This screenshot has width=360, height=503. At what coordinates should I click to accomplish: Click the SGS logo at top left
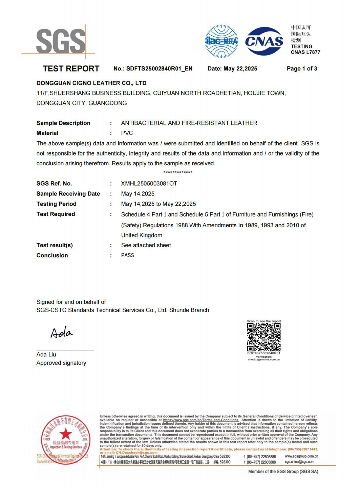pyautogui.click(x=61, y=41)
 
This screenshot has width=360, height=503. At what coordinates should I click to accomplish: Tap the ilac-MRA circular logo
pyautogui.click(x=221, y=41)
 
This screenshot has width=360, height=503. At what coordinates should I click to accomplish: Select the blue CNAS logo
pyautogui.click(x=264, y=41)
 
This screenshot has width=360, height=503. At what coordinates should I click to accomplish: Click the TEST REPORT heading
pyautogui.click(x=71, y=69)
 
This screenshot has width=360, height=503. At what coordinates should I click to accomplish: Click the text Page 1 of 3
pyautogui.click(x=302, y=69)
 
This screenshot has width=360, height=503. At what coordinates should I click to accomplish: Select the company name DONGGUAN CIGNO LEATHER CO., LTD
pyautogui.click(x=91, y=83)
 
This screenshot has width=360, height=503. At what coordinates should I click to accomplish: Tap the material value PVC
pyautogui.click(x=127, y=133)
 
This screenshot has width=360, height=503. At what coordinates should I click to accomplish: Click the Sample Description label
pyautogui.click(x=63, y=123)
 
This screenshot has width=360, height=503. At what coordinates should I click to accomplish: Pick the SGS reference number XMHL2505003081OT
pyautogui.click(x=149, y=184)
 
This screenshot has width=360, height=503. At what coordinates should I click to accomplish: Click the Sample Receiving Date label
pyautogui.click(x=68, y=194)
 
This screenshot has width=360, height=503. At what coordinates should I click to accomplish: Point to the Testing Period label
pyautogui.click(x=57, y=204)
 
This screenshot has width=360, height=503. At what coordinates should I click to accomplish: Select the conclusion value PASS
pyautogui.click(x=128, y=255)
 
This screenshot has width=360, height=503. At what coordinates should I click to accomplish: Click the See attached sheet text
pyautogui.click(x=146, y=245)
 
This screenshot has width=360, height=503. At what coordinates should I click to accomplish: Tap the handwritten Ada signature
pyautogui.click(x=62, y=332)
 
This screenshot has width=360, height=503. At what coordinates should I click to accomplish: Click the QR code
pyautogui.click(x=264, y=337)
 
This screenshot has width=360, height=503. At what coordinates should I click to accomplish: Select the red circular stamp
pyautogui.click(x=66, y=439)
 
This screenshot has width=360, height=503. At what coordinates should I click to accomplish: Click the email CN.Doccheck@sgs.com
pyautogui.click(x=136, y=453)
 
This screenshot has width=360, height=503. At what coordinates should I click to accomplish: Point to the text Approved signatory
pyautogui.click(x=61, y=363)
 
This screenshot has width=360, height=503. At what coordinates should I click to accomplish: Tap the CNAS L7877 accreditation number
pyautogui.click(x=305, y=52)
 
